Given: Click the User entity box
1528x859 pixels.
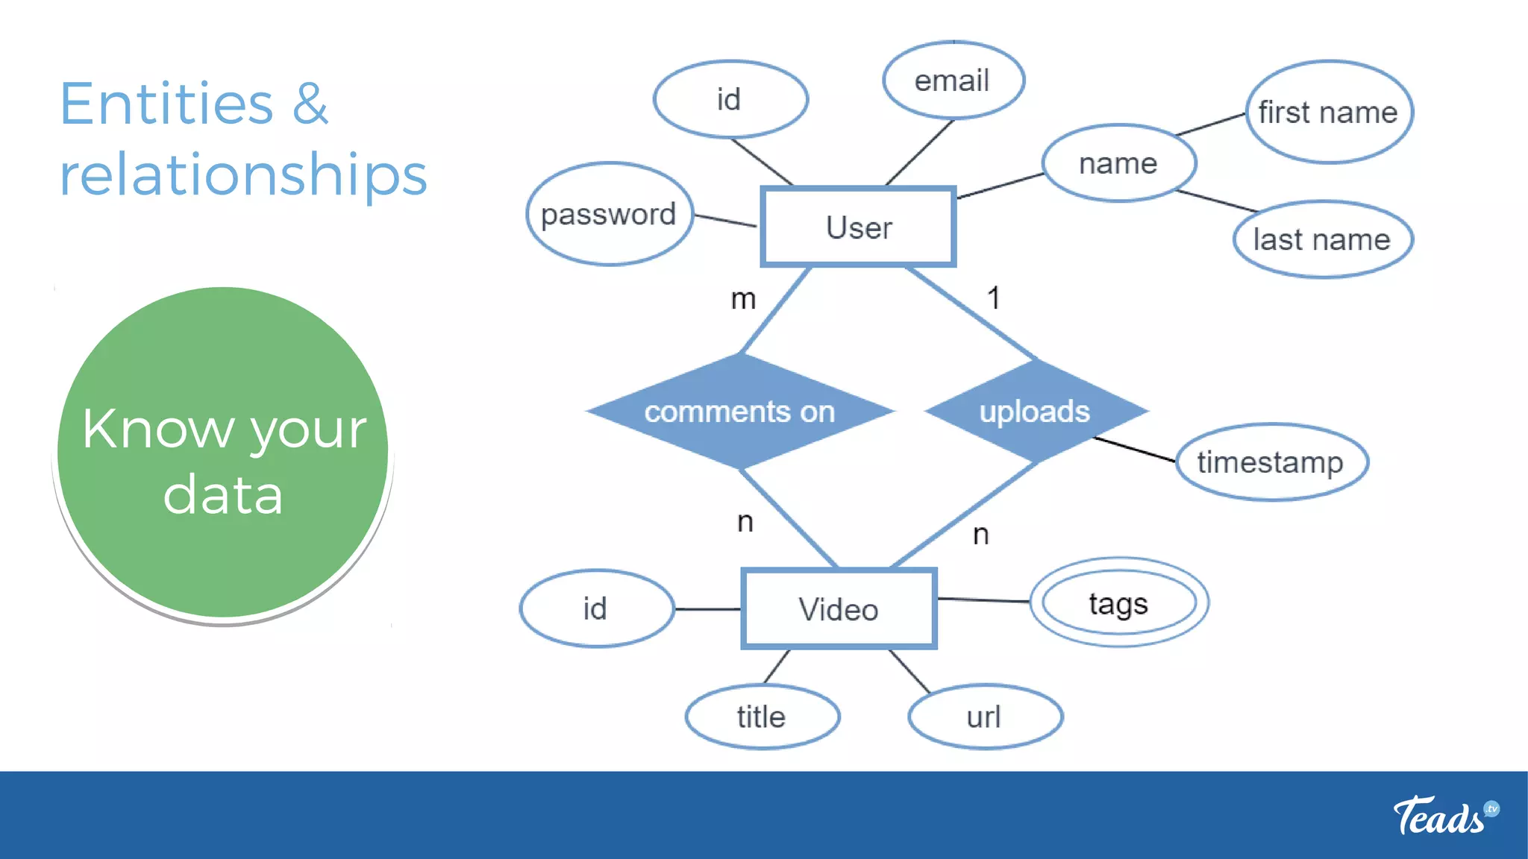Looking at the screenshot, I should (858, 227).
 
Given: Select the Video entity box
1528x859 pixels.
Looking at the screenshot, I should (839, 608).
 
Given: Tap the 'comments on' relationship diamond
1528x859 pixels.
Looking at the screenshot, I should (739, 411).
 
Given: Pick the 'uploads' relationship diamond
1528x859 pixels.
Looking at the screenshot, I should (1035, 411).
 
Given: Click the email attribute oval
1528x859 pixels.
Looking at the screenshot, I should (953, 81).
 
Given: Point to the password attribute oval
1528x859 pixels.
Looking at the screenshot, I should (609, 214).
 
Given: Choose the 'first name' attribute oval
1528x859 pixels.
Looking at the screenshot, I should (1328, 112).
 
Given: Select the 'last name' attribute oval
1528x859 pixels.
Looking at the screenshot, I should (1322, 239).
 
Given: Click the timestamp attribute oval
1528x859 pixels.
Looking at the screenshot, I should (1271, 462).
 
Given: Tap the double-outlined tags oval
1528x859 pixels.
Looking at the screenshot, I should (1118, 602).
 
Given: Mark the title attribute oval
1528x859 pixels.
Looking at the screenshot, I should (762, 717).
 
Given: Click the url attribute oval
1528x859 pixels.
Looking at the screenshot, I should (984, 717).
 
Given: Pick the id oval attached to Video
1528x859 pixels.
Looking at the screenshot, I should (596, 608).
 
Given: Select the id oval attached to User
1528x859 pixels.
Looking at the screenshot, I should (730, 99).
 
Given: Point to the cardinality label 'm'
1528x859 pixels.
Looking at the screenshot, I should (743, 299).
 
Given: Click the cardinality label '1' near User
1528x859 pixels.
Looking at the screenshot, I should (993, 298).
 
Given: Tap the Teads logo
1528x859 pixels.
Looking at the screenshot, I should (1444, 815).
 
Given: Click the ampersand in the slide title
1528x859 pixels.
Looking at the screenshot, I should (310, 104).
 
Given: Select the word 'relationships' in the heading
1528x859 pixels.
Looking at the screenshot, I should (243, 174).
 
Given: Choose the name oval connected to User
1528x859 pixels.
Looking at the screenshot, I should (1118, 163).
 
